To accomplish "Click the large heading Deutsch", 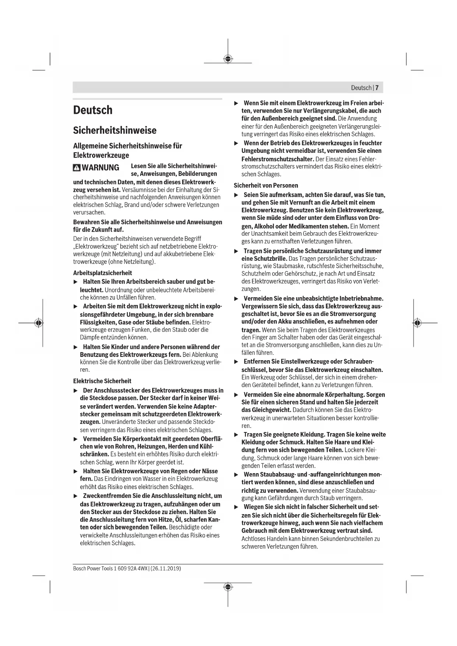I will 93,110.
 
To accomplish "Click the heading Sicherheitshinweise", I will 115,130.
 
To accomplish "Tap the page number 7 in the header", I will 377,88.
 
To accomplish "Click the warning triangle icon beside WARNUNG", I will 77,168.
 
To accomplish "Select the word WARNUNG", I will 101,168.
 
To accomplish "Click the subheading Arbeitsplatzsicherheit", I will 102,273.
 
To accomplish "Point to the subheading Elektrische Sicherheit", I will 102,381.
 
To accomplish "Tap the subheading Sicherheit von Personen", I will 266,185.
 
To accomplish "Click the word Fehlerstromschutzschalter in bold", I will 277,159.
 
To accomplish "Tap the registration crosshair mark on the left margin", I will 38,323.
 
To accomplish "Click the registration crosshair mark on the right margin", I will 417,323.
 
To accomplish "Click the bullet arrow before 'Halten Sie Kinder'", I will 75,347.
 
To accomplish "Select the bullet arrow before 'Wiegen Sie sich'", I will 236,507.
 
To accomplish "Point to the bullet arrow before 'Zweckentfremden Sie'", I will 75,496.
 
